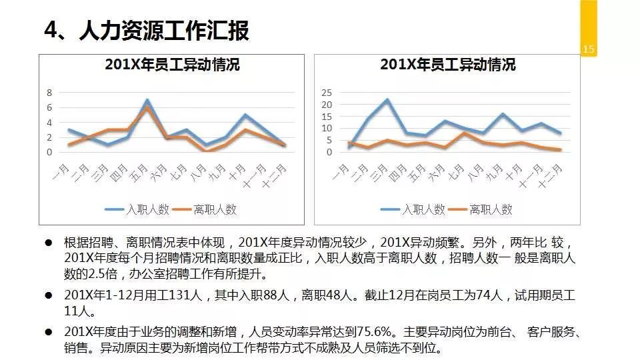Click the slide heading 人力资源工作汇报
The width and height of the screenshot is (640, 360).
coord(163,31)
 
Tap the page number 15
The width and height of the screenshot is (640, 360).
coord(588,49)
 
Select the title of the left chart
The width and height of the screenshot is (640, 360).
coord(172,65)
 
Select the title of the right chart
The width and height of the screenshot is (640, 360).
coord(447,65)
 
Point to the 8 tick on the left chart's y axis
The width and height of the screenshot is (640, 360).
coord(49,93)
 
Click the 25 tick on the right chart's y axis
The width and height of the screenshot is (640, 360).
coord(326,93)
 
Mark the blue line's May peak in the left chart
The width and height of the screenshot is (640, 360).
coord(147,101)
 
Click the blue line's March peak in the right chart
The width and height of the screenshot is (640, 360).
coord(387,99)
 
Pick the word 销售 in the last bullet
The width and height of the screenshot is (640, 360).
coord(75,348)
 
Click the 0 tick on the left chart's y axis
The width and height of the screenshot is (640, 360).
coord(49,152)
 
